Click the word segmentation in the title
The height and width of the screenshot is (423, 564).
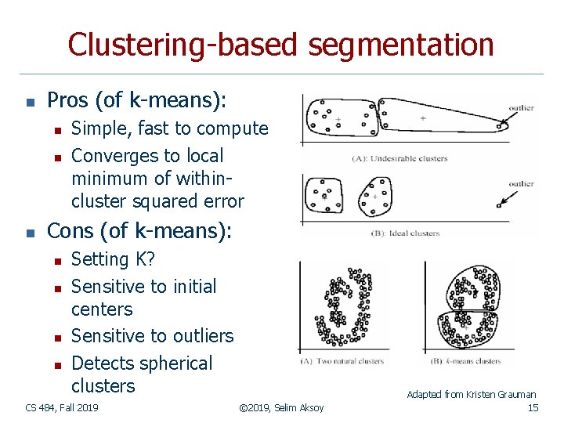(x=400, y=45)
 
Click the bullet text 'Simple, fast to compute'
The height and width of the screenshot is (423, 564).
(x=169, y=128)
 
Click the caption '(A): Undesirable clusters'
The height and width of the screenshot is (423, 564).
(x=399, y=158)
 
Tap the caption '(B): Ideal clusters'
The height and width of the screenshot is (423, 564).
(x=405, y=233)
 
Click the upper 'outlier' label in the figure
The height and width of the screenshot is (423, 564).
(x=521, y=108)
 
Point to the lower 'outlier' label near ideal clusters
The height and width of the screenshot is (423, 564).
(x=521, y=184)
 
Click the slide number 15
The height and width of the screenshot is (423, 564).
(x=533, y=408)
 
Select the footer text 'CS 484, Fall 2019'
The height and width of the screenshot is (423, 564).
(x=62, y=408)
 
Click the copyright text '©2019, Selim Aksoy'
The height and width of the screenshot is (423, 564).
(x=281, y=408)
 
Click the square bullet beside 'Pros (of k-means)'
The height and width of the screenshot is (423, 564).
(x=29, y=102)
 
